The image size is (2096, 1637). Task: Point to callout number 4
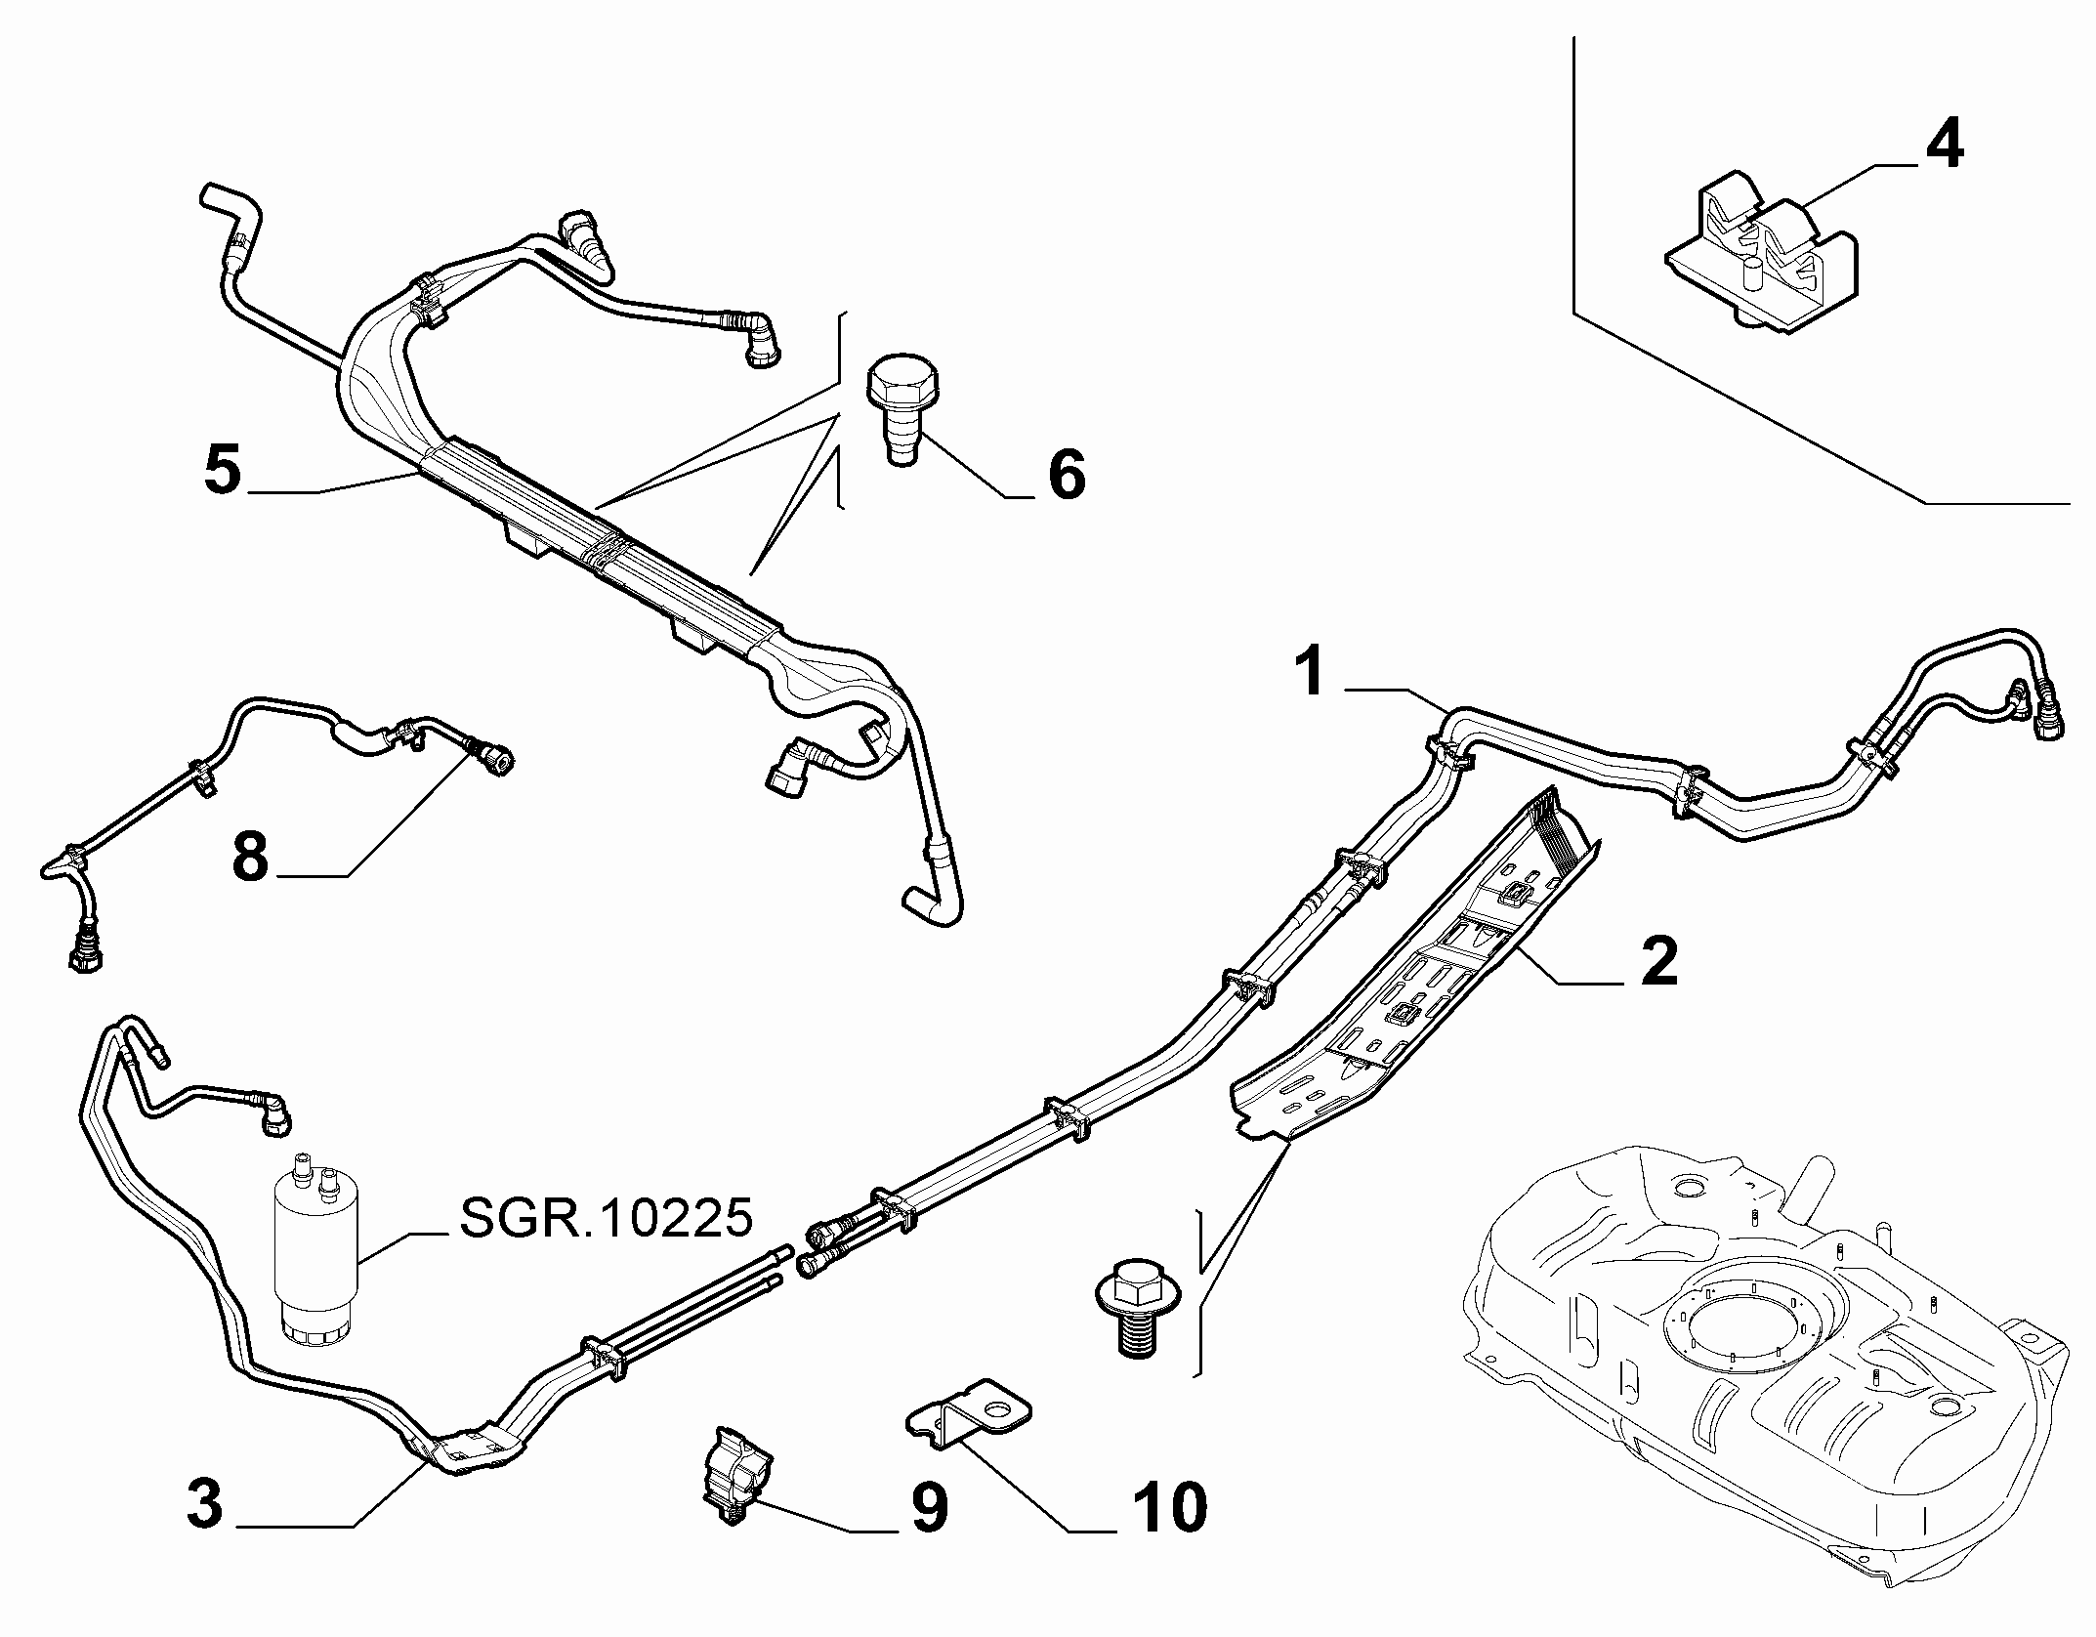1944,146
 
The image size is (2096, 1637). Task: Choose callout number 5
223,470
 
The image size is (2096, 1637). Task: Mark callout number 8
250,858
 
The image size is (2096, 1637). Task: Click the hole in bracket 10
999,1407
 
